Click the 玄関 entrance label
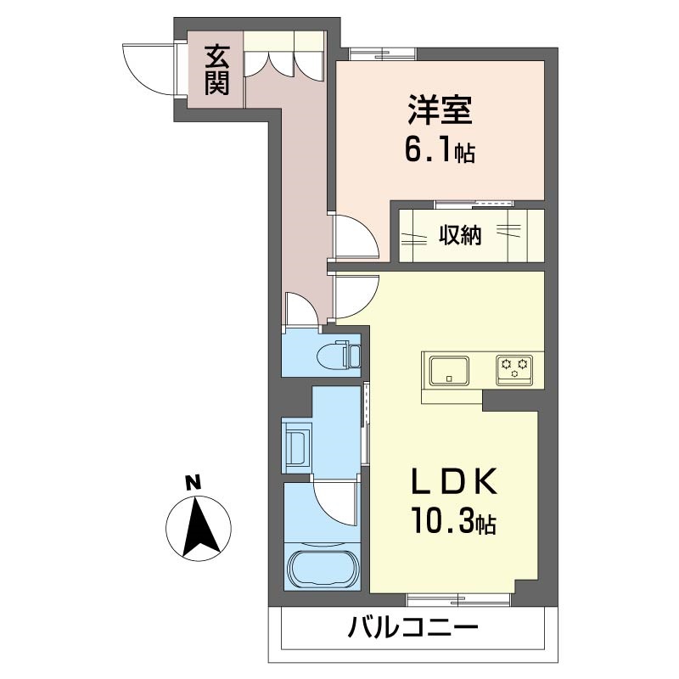(216, 70)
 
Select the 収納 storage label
(460, 235)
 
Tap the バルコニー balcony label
(413, 630)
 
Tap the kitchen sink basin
(448, 370)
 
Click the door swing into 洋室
(355, 237)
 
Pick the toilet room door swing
(300, 310)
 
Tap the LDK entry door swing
(355, 295)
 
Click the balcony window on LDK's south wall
(458, 599)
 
